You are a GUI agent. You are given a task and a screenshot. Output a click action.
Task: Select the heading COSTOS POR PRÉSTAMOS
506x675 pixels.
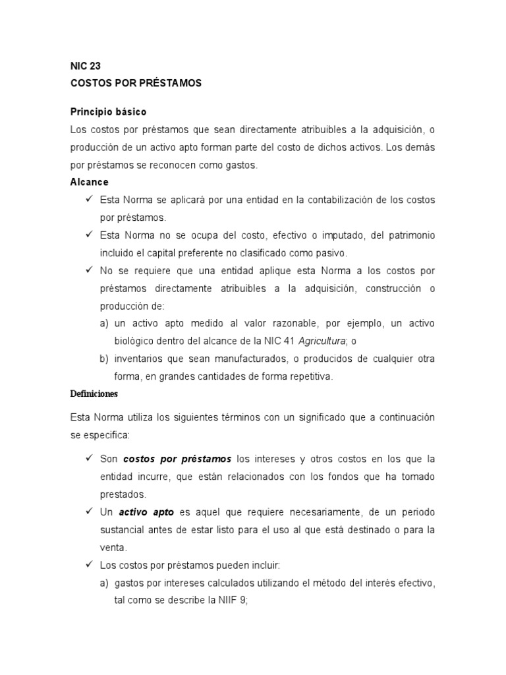coord(136,84)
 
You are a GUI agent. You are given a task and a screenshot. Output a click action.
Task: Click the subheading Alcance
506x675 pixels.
coord(89,182)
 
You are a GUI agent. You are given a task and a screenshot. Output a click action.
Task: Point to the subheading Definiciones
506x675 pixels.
coord(94,394)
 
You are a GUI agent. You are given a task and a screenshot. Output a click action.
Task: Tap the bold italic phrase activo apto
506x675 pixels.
coord(146,512)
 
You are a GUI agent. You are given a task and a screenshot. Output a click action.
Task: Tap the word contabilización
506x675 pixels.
coord(336,200)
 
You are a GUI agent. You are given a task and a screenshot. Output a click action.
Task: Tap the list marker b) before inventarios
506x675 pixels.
coord(104,359)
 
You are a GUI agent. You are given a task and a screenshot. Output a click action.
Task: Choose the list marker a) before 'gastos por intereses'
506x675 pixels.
coord(104,583)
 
